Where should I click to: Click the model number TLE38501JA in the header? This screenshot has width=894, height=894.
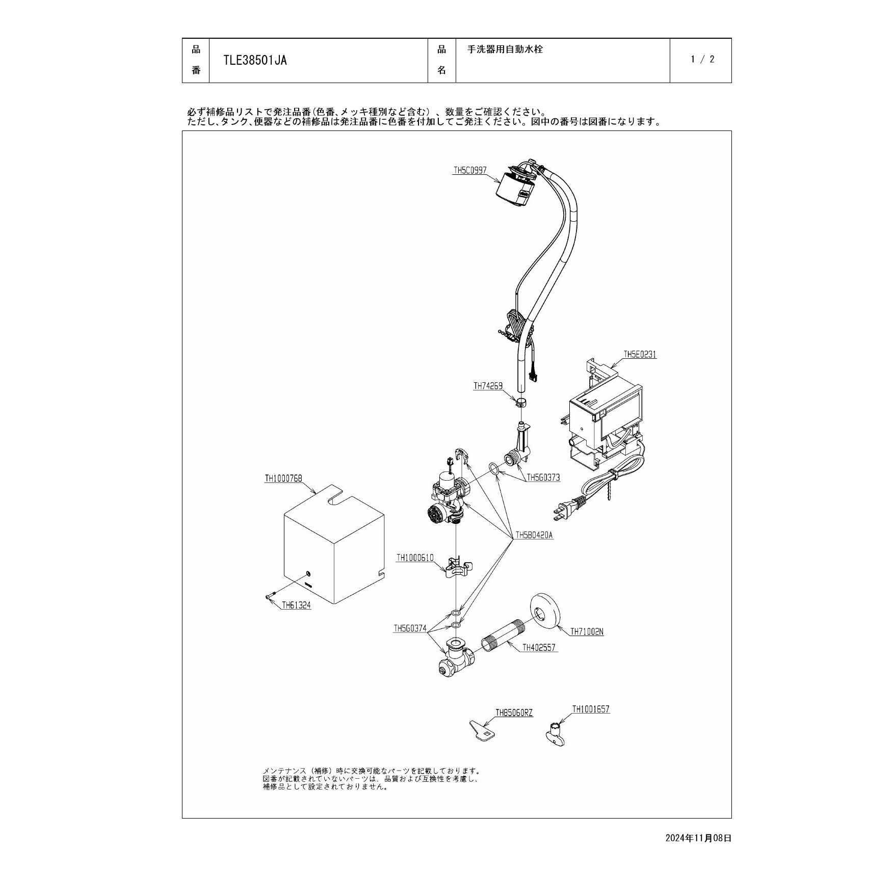click(x=255, y=61)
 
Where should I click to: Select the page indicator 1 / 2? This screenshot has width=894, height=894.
click(x=702, y=60)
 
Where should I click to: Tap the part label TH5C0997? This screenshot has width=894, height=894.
click(x=470, y=171)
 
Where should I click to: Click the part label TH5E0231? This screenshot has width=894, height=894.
click(x=640, y=354)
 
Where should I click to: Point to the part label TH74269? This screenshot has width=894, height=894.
click(x=488, y=386)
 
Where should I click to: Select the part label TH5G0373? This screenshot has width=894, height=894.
click(x=543, y=478)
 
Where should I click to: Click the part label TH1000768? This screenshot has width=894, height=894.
click(x=283, y=479)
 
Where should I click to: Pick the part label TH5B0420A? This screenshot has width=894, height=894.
click(x=534, y=535)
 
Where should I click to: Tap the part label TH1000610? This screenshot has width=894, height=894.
click(x=415, y=558)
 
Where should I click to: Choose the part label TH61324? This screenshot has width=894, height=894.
click(x=296, y=606)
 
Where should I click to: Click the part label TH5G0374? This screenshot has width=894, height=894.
click(x=410, y=628)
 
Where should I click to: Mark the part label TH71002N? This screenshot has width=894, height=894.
click(x=587, y=632)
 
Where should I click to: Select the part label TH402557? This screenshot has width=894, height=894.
click(x=539, y=648)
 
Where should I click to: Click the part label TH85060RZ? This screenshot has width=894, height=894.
click(x=514, y=713)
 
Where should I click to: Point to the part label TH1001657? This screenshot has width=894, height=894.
click(x=591, y=709)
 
